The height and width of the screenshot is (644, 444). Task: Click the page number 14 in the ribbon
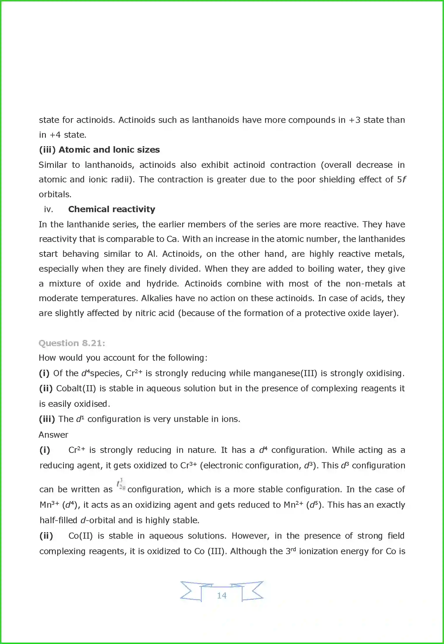click(222, 595)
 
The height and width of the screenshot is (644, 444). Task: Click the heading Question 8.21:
click(72, 343)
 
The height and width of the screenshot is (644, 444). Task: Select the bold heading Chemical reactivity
click(112, 209)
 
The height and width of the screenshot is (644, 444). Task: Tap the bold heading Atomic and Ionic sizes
click(109, 150)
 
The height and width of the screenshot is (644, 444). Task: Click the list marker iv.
click(48, 209)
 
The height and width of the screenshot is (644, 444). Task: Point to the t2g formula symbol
click(121, 485)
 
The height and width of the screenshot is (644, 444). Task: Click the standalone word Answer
click(53, 434)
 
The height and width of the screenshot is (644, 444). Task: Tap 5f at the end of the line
click(401, 179)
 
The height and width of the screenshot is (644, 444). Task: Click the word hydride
click(162, 284)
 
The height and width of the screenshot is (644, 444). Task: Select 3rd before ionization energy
click(290, 551)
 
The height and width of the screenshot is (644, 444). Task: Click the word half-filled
click(58, 520)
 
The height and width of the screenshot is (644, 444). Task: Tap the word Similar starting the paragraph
click(53, 165)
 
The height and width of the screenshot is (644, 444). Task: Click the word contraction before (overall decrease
click(293, 165)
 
